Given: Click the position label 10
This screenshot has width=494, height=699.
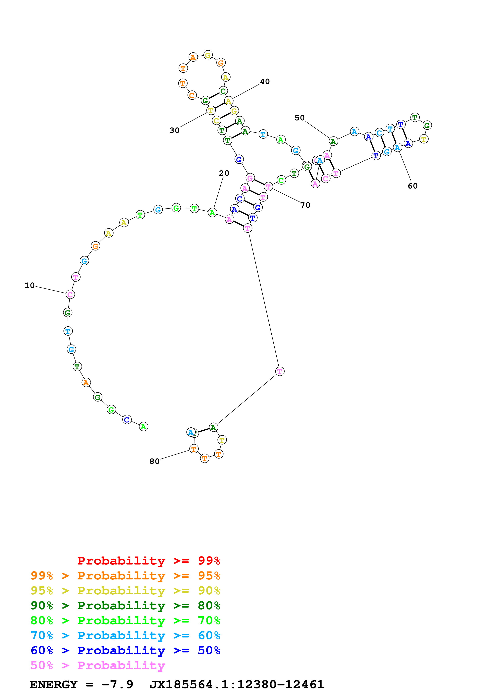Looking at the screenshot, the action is pyautogui.click(x=29, y=285).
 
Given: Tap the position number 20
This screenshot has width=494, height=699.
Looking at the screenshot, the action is pyautogui.click(x=224, y=173).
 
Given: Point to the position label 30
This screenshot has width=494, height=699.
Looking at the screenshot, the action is pyautogui.click(x=174, y=130).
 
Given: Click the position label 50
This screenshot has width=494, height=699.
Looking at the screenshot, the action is pyautogui.click(x=300, y=118).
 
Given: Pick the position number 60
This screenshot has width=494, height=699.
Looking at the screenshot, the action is pyautogui.click(x=412, y=186).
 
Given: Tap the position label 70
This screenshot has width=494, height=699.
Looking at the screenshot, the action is pyautogui.click(x=305, y=205).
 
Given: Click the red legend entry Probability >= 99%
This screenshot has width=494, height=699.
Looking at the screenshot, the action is pyautogui.click(x=148, y=561).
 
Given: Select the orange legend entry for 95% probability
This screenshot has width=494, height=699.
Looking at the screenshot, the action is pyautogui.click(x=125, y=576).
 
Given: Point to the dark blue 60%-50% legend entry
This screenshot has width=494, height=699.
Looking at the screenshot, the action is pyautogui.click(x=125, y=650).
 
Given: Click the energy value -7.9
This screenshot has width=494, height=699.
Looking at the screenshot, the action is pyautogui.click(x=117, y=684).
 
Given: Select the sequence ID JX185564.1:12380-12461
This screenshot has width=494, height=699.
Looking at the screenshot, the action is pyautogui.click(x=237, y=684).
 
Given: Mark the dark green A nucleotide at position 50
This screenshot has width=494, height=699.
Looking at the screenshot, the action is pyautogui.click(x=333, y=141).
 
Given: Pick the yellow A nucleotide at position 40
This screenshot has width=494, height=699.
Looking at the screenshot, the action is pyautogui.click(x=229, y=101).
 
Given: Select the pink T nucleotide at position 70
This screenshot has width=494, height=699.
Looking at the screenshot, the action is pyautogui.click(x=268, y=187).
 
